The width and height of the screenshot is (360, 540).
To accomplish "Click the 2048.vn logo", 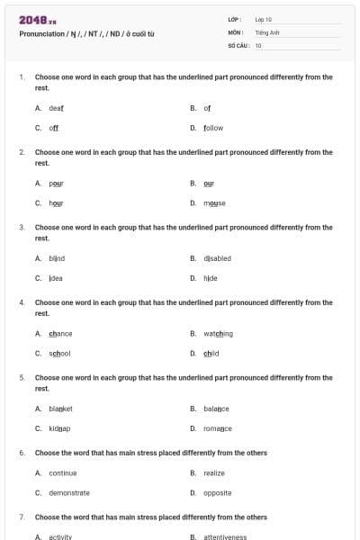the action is [38, 19].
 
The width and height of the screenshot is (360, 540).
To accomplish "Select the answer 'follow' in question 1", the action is [213, 128].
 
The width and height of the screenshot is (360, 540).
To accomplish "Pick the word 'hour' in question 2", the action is [56, 203].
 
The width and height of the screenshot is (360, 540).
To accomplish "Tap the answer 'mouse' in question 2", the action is [214, 203].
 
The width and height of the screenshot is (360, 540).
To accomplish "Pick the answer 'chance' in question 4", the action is [60, 333].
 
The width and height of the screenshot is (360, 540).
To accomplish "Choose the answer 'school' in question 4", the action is [59, 354].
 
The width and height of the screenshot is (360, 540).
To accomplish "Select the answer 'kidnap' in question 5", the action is [59, 428].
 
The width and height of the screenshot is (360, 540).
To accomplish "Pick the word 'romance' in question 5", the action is [218, 428].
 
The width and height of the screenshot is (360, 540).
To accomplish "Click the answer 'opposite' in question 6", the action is [218, 493].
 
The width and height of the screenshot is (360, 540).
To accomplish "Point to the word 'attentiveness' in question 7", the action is [225, 536].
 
